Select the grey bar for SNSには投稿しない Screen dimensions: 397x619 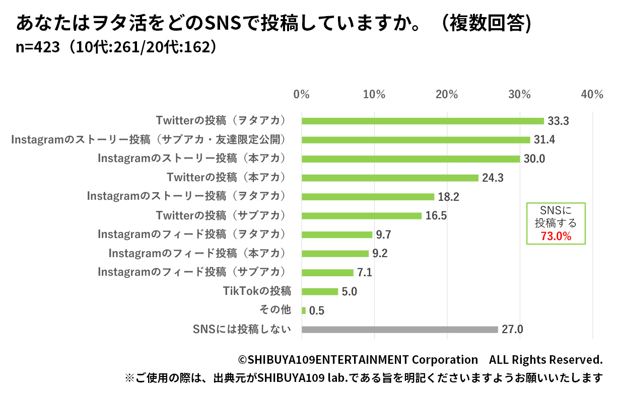399,330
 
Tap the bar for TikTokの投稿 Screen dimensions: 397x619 320,291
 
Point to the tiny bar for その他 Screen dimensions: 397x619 304,310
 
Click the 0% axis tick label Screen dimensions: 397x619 301,95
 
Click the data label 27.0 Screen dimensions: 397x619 513,330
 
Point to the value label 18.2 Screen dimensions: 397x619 449,197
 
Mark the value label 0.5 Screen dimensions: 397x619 317,311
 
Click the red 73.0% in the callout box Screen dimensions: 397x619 556,236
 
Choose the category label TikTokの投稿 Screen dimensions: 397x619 257,291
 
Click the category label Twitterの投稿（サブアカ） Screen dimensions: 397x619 221,215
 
